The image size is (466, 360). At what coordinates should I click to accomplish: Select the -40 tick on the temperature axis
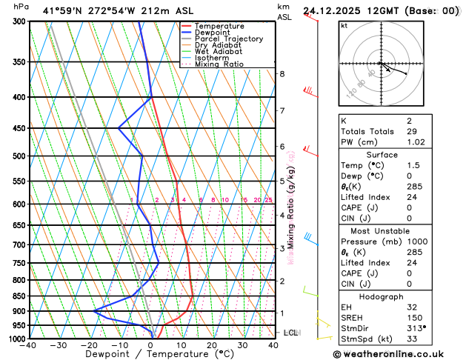(x=28, y=345)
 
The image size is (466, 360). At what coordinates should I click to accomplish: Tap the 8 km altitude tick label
(x=282, y=74)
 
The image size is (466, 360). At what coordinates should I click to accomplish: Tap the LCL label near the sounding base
(x=290, y=333)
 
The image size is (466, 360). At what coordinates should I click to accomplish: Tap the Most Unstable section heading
(x=381, y=231)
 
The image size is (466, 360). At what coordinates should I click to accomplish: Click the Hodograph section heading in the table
(x=381, y=296)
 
